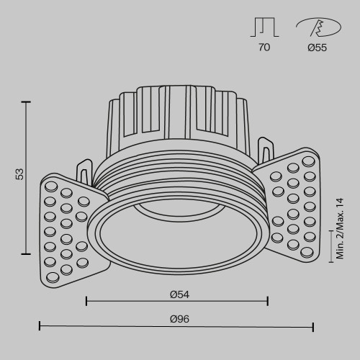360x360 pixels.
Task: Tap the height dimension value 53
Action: coord(20,174)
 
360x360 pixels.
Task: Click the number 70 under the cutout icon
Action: coord(264,48)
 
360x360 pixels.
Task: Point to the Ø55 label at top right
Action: coord(316,48)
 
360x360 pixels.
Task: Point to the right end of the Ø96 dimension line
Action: coord(313,327)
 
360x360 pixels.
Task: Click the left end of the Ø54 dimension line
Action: coord(86,300)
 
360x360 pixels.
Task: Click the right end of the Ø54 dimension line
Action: coord(268,300)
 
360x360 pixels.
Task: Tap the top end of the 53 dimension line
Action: coord(27,102)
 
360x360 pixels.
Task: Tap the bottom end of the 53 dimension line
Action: coord(27,253)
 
